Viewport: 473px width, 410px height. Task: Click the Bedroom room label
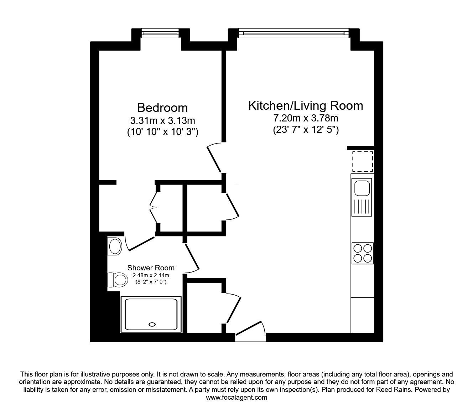tap(162, 108)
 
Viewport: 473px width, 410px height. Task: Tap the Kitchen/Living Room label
tap(305, 106)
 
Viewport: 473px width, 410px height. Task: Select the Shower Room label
tap(151, 268)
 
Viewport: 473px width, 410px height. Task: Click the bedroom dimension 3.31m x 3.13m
tap(162, 120)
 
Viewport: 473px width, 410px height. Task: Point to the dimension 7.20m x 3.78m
tap(305, 118)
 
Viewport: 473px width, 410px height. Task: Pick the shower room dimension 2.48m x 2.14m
tap(151, 275)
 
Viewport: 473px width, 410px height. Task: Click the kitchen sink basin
tap(362, 187)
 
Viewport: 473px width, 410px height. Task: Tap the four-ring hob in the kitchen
tap(362, 253)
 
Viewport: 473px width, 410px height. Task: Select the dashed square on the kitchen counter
tap(362, 161)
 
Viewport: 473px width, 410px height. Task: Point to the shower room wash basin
tap(115, 246)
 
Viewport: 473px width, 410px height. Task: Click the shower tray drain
tap(152, 324)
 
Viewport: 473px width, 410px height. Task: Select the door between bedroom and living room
tap(215, 157)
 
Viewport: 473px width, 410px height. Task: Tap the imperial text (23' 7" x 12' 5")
tap(306, 130)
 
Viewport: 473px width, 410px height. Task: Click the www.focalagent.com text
tap(236, 398)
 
